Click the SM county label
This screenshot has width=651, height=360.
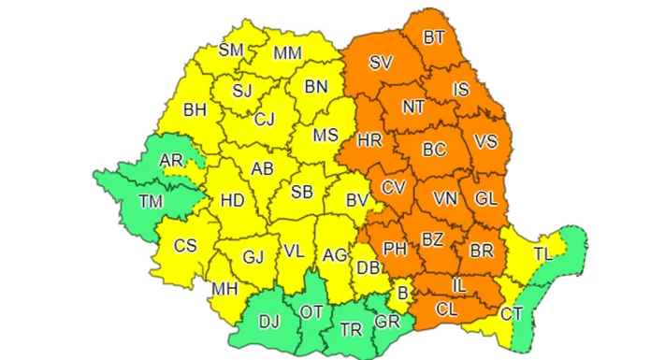coord(231,50)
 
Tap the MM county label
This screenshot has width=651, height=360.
coord(287,53)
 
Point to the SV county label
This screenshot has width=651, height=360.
coord(381,64)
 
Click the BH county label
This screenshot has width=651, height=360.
coord(195,110)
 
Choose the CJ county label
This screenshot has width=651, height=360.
coord(265,119)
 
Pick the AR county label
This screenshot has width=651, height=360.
coord(172,162)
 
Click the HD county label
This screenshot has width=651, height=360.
coord(231,200)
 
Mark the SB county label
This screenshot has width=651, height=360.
coord(301,193)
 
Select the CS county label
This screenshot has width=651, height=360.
coord(185,245)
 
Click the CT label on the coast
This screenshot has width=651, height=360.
coord(511,313)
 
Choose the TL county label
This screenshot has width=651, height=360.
coord(543,253)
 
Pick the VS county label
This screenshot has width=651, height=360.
coord(485,142)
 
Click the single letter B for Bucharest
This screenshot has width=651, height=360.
coord(403,295)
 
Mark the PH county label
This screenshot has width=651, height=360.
coord(395,250)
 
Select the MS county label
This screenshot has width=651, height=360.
coord(325,136)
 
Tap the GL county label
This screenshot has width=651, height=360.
coord(485,198)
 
